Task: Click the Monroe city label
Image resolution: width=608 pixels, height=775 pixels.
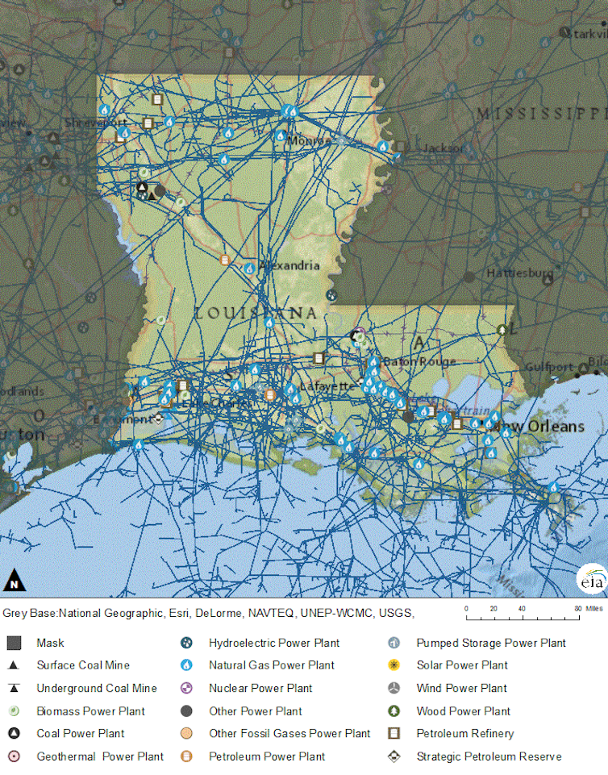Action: (x=310, y=141)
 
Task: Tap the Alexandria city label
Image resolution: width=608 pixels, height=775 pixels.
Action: (x=289, y=265)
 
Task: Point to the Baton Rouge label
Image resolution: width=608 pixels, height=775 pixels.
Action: (x=419, y=362)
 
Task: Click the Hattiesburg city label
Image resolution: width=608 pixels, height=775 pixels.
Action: (x=519, y=273)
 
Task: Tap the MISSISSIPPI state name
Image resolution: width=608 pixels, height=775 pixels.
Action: (x=539, y=113)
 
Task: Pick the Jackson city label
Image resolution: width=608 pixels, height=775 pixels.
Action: (x=443, y=148)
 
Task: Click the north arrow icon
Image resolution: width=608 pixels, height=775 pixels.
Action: (x=14, y=580)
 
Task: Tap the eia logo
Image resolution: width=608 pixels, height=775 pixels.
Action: (x=590, y=580)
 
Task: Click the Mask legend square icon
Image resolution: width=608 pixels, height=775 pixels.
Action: (x=14, y=643)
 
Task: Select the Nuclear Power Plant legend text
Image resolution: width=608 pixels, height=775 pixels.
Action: (x=260, y=688)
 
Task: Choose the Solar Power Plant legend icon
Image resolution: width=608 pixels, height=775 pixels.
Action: (x=394, y=665)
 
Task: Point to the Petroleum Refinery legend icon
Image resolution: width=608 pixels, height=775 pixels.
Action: (x=394, y=734)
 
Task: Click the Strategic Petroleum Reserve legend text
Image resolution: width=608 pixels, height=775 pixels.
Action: (x=489, y=756)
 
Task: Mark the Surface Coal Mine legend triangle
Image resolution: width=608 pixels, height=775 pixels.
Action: (x=14, y=665)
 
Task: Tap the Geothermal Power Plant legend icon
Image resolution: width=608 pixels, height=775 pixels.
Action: (x=14, y=756)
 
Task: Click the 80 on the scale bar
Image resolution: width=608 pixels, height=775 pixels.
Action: (x=577, y=609)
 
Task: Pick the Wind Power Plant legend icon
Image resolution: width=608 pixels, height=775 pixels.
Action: (x=394, y=688)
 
